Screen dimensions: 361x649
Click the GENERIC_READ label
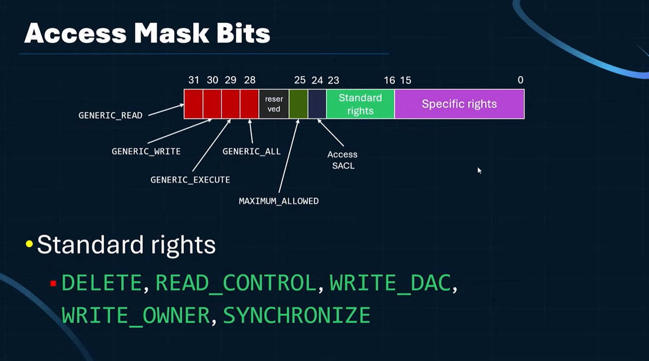[110, 115]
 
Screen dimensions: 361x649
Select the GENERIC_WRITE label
[146, 151]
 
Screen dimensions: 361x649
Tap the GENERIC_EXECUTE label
[190, 180]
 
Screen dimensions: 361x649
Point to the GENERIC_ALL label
[251, 151]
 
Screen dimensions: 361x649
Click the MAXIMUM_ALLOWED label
[279, 201]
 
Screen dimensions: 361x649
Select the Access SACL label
[342, 160]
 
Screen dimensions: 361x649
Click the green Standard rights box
[360, 104]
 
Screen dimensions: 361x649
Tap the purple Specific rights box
[459, 104]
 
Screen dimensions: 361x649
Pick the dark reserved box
[274, 104]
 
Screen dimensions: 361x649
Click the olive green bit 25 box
[298, 104]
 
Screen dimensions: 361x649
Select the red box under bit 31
[193, 104]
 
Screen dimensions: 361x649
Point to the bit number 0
[520, 80]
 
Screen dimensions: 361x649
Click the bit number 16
[389, 80]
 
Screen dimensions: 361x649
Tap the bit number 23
[333, 80]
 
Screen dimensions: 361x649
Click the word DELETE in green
[102, 283]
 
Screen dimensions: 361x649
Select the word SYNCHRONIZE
[296, 315]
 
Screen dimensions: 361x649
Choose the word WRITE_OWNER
[136, 315]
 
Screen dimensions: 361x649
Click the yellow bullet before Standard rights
[29, 244]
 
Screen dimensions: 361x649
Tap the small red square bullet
[53, 283]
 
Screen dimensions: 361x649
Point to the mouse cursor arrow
[479, 170]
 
